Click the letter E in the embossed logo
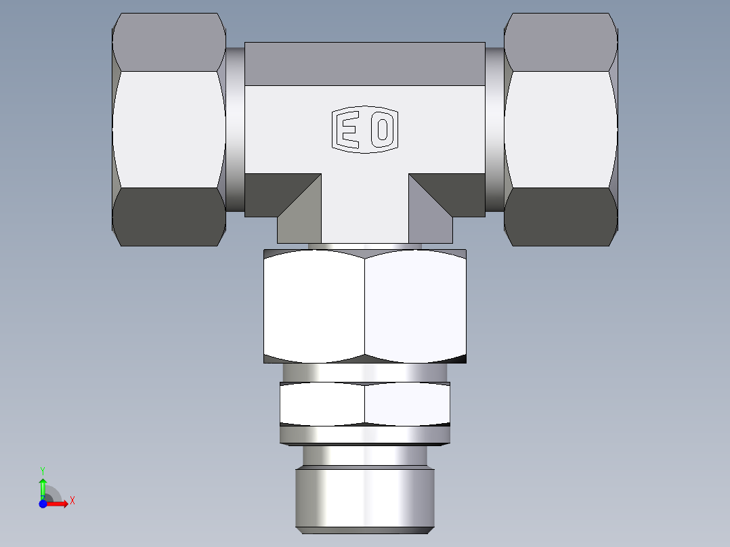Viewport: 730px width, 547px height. [x=349, y=129]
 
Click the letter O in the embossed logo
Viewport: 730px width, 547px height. [x=383, y=129]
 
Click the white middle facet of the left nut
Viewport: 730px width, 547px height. [x=169, y=129]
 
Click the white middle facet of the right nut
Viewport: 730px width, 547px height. [x=561, y=129]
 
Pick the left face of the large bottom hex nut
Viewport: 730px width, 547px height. [x=314, y=306]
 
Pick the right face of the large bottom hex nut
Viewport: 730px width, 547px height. [x=416, y=306]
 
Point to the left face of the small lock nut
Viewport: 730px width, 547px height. [x=322, y=404]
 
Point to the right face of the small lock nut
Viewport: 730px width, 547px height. [x=408, y=404]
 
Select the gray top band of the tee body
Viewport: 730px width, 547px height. [x=364, y=64]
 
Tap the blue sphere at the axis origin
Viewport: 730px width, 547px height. [x=43, y=504]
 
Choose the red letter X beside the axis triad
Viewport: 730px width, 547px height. [x=72, y=501]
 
